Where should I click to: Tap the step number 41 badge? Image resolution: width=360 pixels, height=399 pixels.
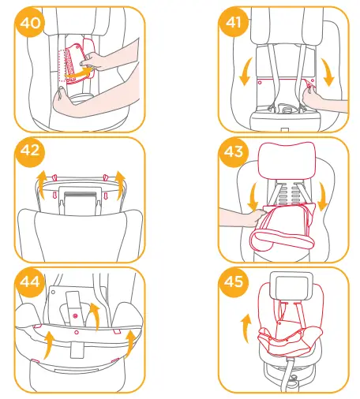pyautogui.click(x=233, y=24)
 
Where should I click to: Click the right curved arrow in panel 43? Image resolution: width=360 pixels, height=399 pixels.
pyautogui.click(x=324, y=196)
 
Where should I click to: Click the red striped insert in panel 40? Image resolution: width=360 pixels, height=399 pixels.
pyautogui.click(x=77, y=58)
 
